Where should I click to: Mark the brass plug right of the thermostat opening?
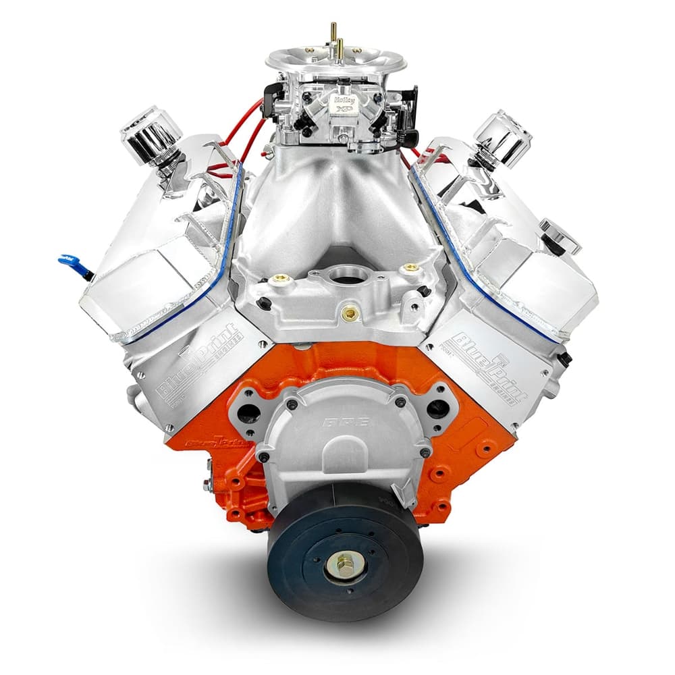click(x=409, y=269)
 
